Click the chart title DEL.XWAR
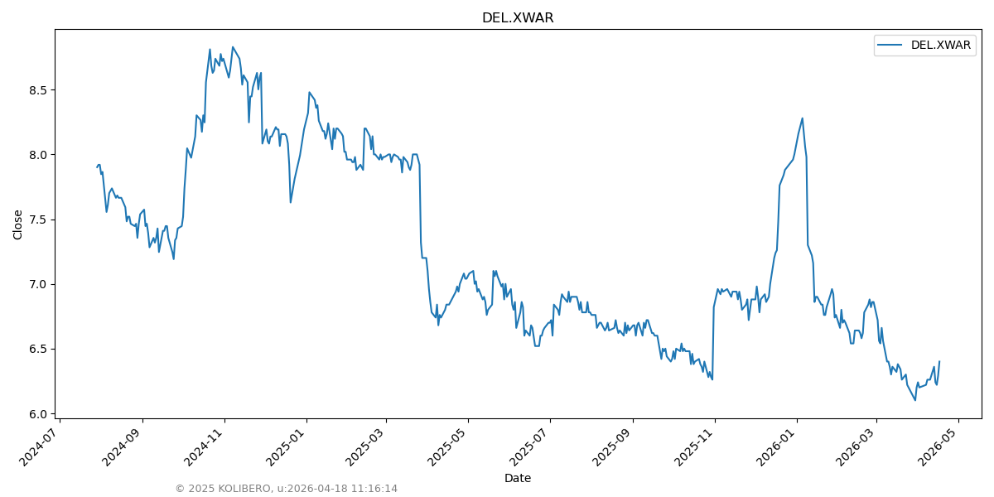pos(518,18)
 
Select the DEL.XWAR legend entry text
pos(940,46)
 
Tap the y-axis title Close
pos(18,224)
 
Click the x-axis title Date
pos(518,478)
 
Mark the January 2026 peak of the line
pos(802,118)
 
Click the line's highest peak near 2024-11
pos(233,47)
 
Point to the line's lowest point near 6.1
pos(914,400)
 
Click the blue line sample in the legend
pos(891,46)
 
